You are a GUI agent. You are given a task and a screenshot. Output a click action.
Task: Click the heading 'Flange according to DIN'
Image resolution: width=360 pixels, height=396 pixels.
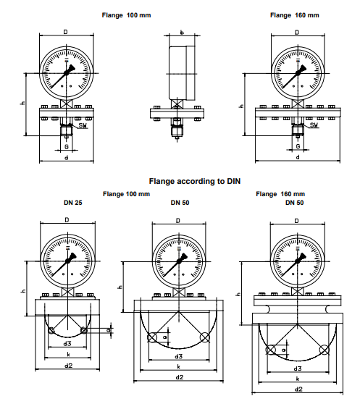click(x=195, y=181)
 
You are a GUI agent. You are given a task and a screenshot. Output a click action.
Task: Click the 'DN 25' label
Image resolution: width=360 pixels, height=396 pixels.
click(x=73, y=203)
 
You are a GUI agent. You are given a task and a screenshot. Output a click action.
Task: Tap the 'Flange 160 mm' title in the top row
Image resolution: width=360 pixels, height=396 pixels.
click(x=295, y=15)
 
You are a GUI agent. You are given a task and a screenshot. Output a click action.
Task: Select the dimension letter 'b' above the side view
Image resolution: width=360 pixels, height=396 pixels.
click(x=182, y=33)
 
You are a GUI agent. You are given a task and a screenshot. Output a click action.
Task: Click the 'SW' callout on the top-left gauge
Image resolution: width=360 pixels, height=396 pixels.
click(x=83, y=125)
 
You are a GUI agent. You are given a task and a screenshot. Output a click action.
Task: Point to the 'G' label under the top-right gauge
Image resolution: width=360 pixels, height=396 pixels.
click(x=298, y=146)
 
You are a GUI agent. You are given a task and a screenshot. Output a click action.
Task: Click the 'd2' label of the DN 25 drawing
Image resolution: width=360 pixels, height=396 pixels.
click(x=68, y=365)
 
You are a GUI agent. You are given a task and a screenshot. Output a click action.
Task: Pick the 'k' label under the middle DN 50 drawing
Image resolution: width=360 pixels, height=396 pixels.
click(x=179, y=367)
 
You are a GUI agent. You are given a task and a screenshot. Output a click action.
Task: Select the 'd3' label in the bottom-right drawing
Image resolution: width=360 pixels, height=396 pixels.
click(x=298, y=368)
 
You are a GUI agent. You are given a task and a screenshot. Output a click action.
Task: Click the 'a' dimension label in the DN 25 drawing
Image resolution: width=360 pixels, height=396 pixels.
click(x=109, y=330)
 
